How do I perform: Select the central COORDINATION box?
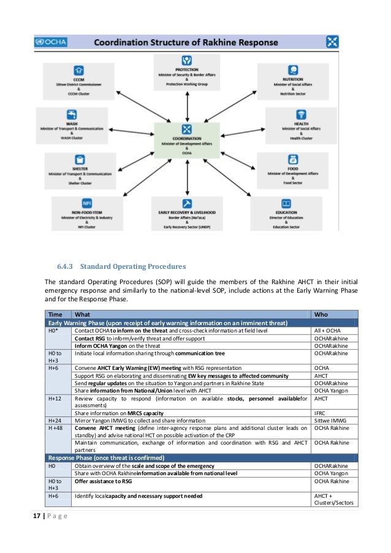(186, 140)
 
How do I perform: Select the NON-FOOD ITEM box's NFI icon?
(86, 203)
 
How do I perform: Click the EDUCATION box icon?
(286, 204)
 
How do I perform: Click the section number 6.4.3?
(66, 266)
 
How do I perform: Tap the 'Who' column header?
(321, 314)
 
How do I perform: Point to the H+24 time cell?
(55, 421)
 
